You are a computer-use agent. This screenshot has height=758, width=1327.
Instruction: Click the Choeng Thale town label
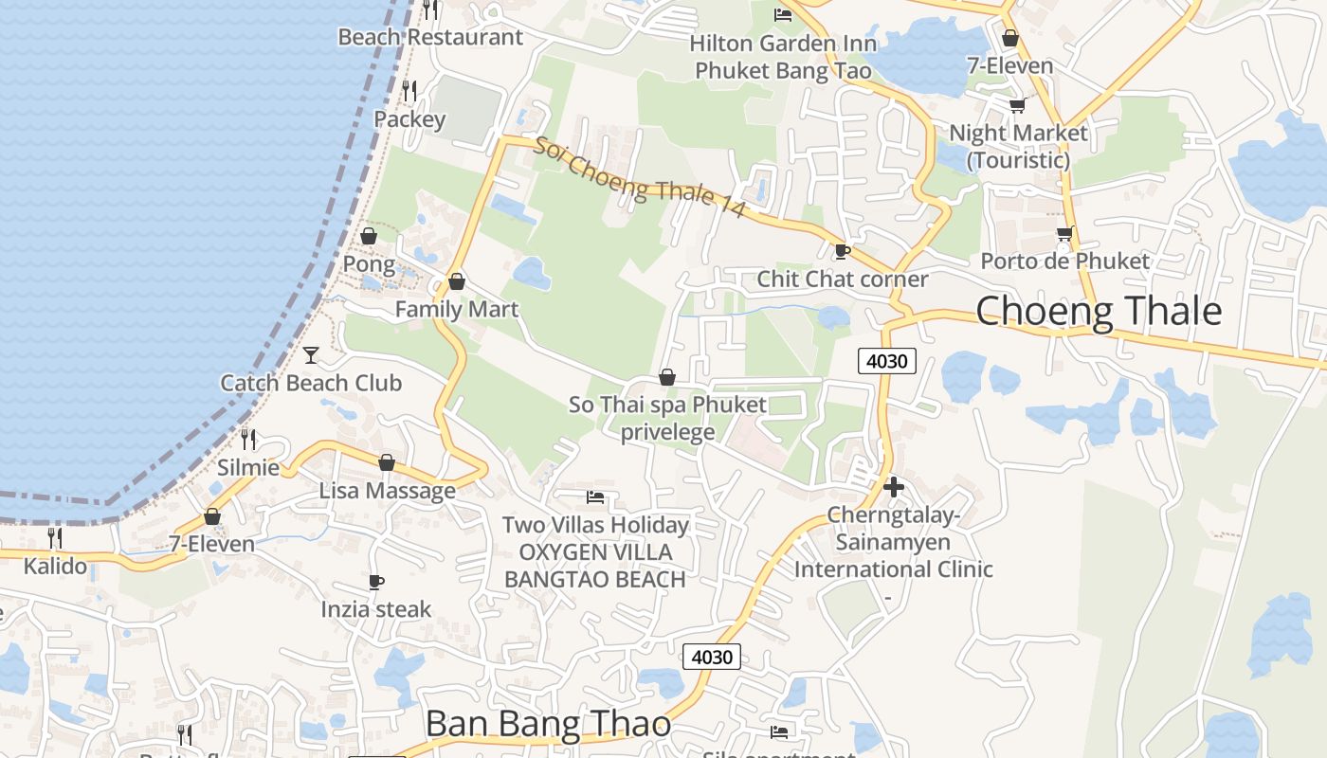pyautogui.click(x=1099, y=311)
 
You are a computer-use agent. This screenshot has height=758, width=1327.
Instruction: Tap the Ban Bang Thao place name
pyautogui.click(x=548, y=724)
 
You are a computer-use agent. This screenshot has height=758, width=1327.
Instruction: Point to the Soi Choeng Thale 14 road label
pyautogui.click(x=640, y=179)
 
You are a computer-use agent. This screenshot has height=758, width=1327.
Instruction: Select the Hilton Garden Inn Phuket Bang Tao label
pyautogui.click(x=783, y=57)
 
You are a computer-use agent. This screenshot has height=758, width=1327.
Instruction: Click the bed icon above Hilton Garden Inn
pyautogui.click(x=783, y=14)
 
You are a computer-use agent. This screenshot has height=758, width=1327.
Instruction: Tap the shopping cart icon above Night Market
pyautogui.click(x=1017, y=105)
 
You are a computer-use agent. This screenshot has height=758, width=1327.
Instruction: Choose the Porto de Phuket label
pyautogui.click(x=1064, y=261)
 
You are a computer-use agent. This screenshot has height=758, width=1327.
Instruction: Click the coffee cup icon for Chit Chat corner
pyautogui.click(x=841, y=252)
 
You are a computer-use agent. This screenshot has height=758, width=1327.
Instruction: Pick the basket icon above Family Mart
pyautogui.click(x=457, y=281)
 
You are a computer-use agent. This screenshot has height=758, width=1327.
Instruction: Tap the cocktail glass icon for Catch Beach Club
pyautogui.click(x=311, y=355)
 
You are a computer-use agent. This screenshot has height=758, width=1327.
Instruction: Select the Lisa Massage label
pyautogui.click(x=387, y=491)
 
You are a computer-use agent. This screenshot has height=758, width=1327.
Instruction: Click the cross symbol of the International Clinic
pyautogui.click(x=893, y=487)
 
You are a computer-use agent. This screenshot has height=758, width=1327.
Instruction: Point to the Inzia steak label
pyautogui.click(x=376, y=609)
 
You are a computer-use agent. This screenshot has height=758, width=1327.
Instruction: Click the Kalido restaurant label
pyautogui.click(x=55, y=567)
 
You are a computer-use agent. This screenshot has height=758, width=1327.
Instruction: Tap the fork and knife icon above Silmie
pyautogui.click(x=248, y=439)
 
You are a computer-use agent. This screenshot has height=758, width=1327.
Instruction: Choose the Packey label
pyautogui.click(x=409, y=119)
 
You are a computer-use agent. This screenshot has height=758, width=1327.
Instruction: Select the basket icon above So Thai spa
pyautogui.click(x=667, y=377)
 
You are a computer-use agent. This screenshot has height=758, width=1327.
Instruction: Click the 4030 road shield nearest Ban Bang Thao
pyautogui.click(x=711, y=657)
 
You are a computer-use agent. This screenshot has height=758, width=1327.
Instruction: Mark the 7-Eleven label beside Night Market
pyautogui.click(x=1010, y=65)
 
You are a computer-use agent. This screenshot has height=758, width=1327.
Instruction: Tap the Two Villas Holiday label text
pyautogui.click(x=595, y=525)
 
